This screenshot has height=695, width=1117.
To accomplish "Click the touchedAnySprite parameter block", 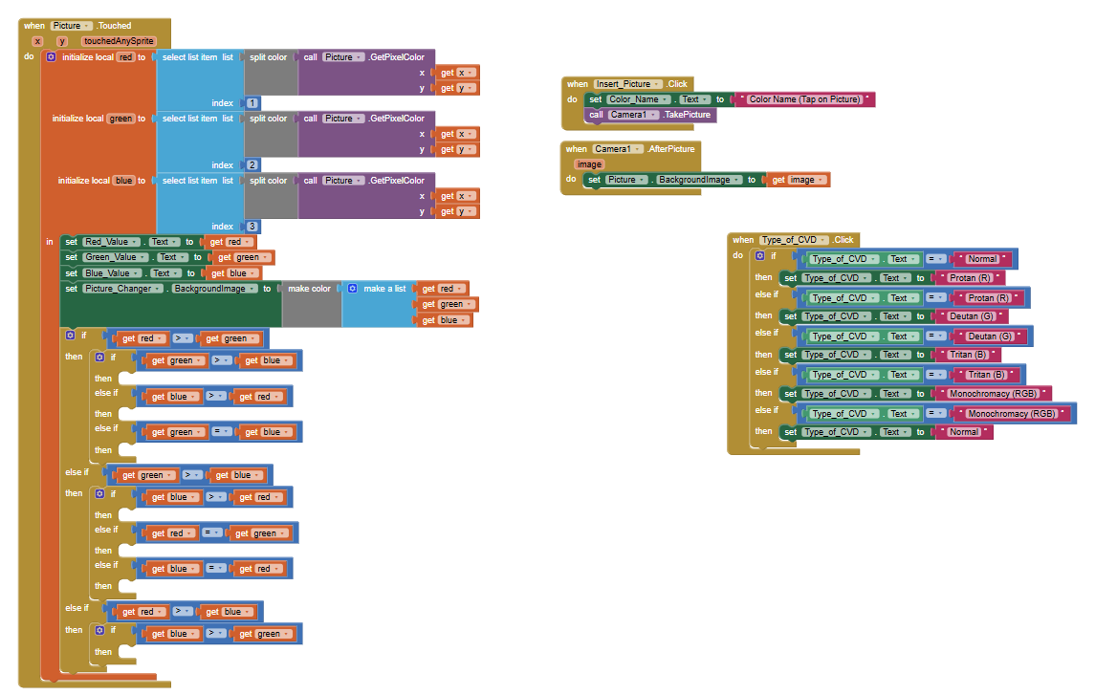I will coord(119,41).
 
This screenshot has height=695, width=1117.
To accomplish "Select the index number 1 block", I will coord(252,103).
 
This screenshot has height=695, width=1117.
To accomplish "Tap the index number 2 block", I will coord(252,164).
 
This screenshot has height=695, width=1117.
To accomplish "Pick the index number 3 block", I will coord(252,227).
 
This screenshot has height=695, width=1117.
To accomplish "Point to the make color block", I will coord(310,289).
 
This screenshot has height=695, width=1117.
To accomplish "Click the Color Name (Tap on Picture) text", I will coord(803,99).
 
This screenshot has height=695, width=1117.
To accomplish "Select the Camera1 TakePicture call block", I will coord(650,115).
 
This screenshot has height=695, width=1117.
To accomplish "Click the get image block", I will coord(798,180).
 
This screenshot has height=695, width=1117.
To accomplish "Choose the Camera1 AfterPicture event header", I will coord(631,149).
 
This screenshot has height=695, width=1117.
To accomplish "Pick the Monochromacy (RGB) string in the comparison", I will coord(1012,414).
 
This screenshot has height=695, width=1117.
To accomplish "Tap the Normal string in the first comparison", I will coord(982,259).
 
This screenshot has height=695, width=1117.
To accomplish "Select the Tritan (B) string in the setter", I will coord(968,355).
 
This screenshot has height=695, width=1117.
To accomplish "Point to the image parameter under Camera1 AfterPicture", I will coord(589,164).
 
